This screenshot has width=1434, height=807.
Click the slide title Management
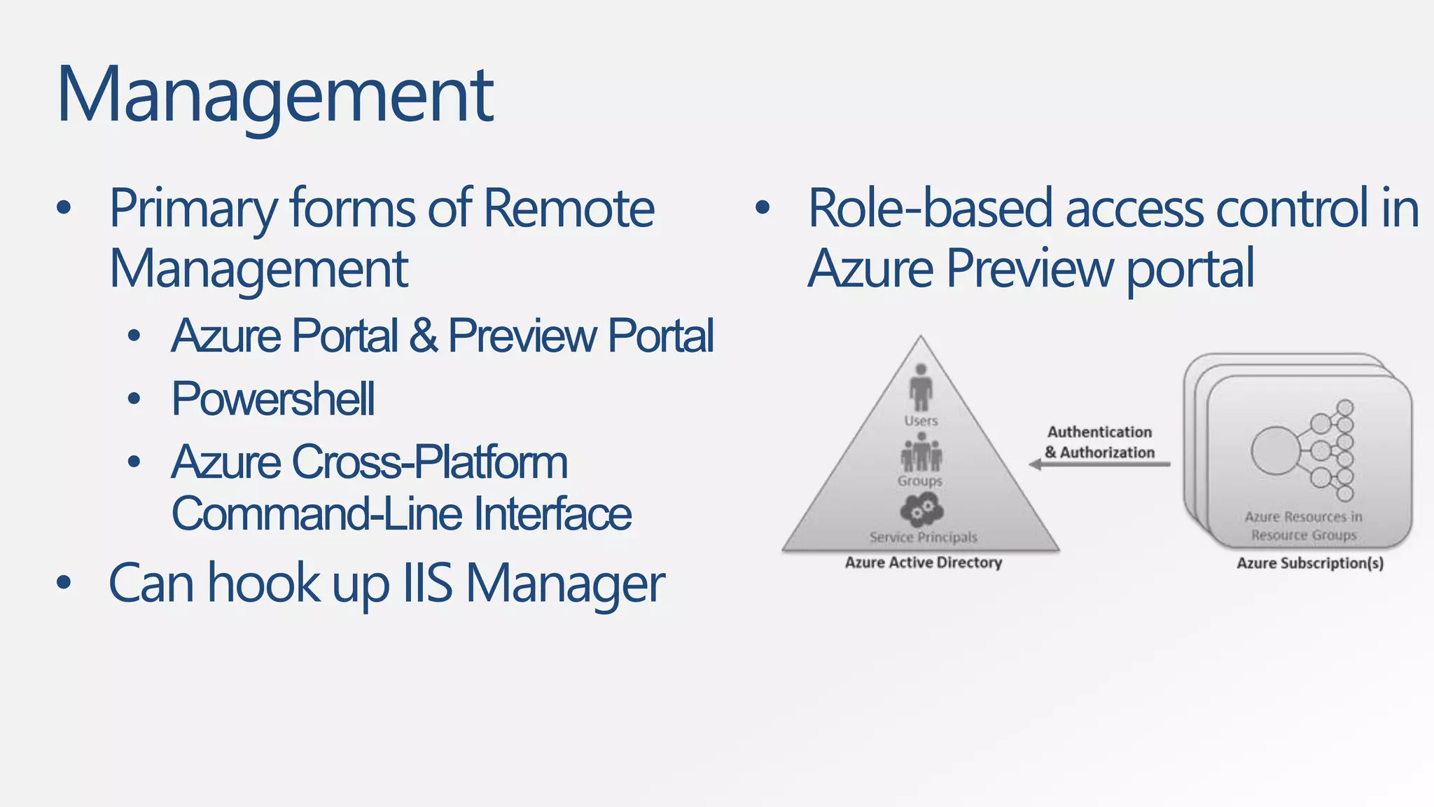click(274, 95)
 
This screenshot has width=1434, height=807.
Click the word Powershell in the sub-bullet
click(273, 399)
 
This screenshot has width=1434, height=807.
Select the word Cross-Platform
click(429, 462)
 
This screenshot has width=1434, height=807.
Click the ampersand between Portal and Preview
click(422, 336)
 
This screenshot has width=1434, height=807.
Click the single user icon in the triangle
click(921, 387)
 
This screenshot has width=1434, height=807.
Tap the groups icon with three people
click(921, 453)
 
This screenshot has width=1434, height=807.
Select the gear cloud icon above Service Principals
click(921, 509)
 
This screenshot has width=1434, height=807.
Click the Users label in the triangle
click(921, 421)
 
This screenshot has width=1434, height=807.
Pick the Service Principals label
click(923, 537)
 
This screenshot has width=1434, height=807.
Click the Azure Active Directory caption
click(923, 563)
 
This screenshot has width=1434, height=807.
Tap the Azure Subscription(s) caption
click(1309, 563)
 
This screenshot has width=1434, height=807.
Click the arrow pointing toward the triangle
click(1099, 464)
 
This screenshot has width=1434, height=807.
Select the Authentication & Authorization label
click(1099, 442)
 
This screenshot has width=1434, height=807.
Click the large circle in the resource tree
click(1275, 450)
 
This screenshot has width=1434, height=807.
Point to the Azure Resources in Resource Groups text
click(1303, 526)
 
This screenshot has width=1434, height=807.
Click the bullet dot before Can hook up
click(64, 583)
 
